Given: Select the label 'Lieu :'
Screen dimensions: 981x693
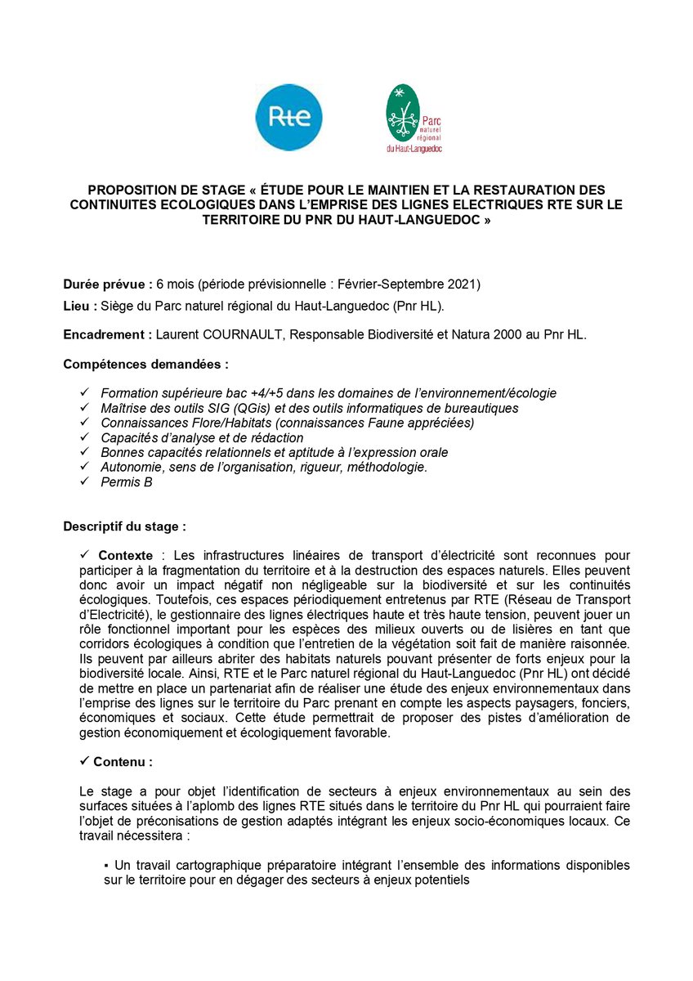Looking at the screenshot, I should (x=79, y=306).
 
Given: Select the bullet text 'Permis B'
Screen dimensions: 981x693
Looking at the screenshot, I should (x=127, y=482).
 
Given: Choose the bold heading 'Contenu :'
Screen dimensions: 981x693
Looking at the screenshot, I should (x=123, y=761).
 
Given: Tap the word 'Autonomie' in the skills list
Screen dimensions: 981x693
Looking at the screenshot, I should (x=129, y=467).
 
